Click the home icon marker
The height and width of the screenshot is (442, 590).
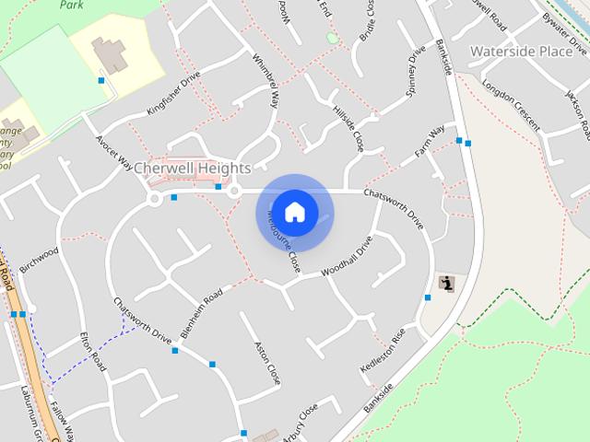[295, 213]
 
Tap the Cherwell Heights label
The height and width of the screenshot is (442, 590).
[192, 169]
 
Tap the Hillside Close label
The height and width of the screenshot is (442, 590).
[348, 127]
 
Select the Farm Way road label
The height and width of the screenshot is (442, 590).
[430, 140]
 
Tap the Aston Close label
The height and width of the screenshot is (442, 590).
[266, 363]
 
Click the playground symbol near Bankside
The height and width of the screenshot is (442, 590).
[447, 284]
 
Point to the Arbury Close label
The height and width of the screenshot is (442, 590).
[301, 419]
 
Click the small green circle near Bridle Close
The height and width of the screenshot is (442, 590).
[332, 38]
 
